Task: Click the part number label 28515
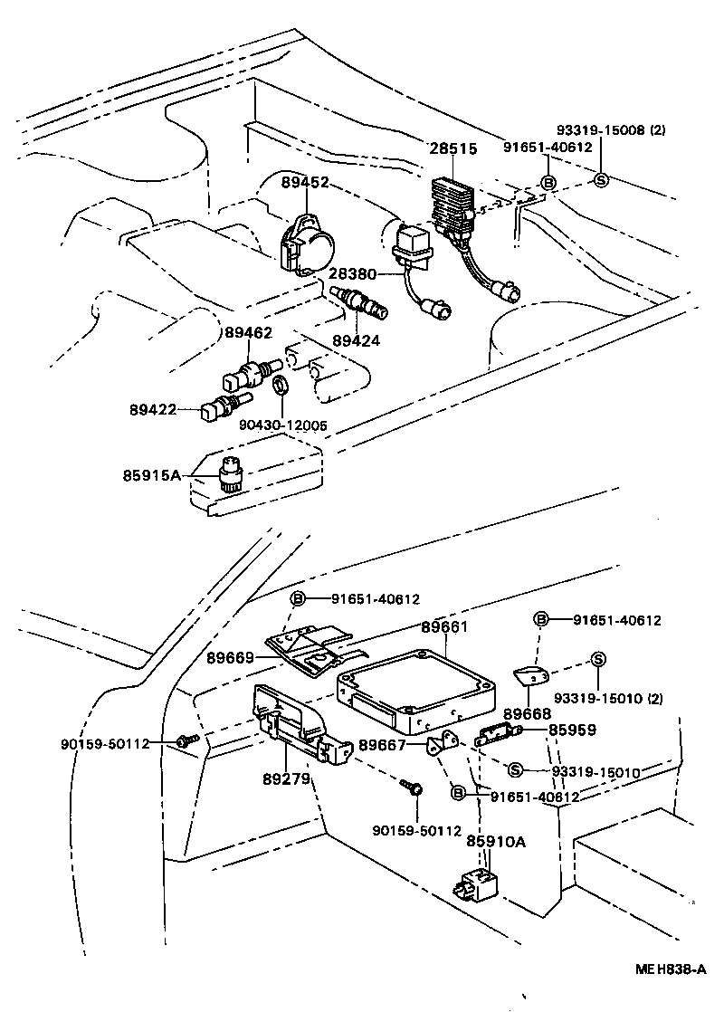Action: click(452, 148)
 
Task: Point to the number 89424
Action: click(356, 341)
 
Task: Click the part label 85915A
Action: click(152, 473)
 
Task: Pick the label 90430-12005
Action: click(283, 424)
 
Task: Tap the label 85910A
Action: click(496, 842)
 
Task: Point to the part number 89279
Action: click(286, 778)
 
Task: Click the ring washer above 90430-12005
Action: click(281, 386)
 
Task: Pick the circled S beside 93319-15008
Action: click(601, 180)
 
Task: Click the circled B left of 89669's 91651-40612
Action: click(299, 598)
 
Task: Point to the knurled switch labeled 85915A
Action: click(231, 473)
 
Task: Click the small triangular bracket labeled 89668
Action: click(533, 676)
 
